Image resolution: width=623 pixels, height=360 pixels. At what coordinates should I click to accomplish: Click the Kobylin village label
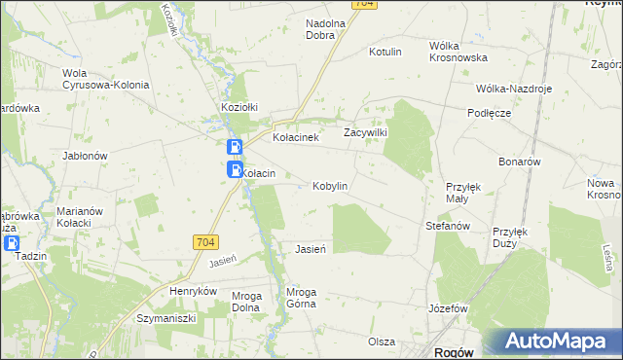click(329, 186)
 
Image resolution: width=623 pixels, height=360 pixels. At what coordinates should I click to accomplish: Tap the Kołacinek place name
click(297, 138)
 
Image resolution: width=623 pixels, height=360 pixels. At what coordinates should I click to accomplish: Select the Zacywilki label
click(366, 132)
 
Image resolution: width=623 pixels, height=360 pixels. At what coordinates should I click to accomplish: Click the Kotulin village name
click(385, 52)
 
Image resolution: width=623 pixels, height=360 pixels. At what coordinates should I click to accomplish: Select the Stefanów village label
click(448, 226)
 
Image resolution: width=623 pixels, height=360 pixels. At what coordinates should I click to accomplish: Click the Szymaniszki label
click(166, 318)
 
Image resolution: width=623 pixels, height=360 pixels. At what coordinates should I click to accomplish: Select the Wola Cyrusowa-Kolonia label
click(105, 79)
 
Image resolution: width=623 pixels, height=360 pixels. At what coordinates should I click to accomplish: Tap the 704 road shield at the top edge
click(363, 4)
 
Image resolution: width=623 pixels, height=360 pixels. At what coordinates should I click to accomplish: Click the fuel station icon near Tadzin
click(12, 243)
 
